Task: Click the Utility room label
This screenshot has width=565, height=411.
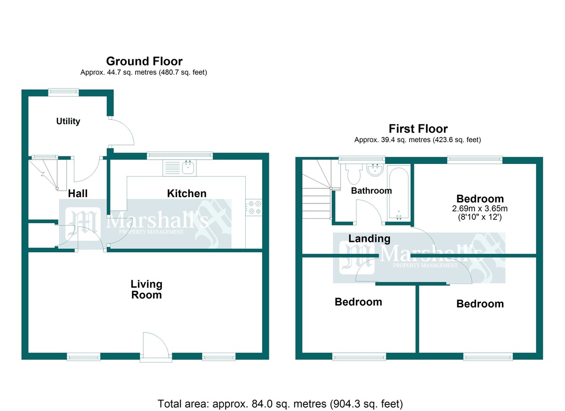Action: pos(68,121)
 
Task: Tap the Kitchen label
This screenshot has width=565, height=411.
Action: pos(186,193)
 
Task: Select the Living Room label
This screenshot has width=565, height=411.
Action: pos(146,290)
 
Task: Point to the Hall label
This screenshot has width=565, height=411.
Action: pos(78,193)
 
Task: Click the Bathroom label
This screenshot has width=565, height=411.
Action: pos(371,191)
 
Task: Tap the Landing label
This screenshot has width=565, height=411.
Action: pos(370,239)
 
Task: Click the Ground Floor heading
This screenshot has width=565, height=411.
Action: pos(144,61)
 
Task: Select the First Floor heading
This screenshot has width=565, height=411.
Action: pos(418,129)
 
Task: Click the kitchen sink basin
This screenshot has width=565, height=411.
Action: pos(188,167)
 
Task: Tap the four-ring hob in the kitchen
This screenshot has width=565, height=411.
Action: pos(254,208)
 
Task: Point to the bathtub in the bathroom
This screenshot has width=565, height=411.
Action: pos(399,193)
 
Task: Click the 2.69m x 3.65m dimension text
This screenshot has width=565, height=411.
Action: pos(480,209)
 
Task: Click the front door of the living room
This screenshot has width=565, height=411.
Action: pos(156,347)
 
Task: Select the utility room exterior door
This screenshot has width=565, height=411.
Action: pos(121,132)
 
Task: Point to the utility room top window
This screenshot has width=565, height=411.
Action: pos(63,92)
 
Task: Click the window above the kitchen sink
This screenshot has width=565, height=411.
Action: pos(179,156)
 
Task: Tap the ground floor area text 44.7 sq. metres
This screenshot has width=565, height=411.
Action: pos(132,73)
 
